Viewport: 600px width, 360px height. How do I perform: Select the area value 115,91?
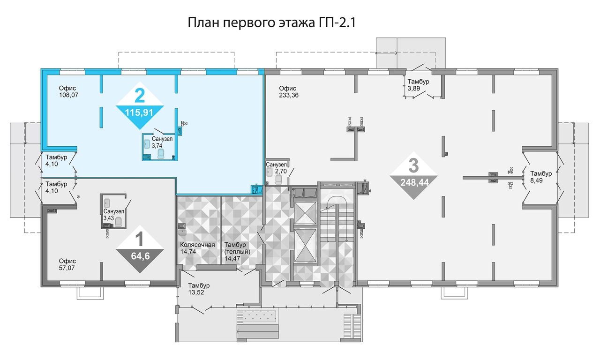click(139, 113)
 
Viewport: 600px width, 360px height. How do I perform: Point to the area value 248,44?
click(414, 183)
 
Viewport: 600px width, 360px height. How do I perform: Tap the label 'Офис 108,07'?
click(68, 91)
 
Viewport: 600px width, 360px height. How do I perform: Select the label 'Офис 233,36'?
click(288, 91)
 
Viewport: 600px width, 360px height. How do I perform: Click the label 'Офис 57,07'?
click(67, 264)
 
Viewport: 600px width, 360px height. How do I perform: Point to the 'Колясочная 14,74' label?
click(197, 248)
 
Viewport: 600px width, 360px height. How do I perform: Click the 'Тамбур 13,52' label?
click(199, 289)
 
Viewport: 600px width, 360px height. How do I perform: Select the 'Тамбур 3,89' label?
click(418, 85)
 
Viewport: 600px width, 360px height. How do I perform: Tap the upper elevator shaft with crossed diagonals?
click(305, 213)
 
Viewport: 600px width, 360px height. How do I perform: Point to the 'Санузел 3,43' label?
click(114, 215)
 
